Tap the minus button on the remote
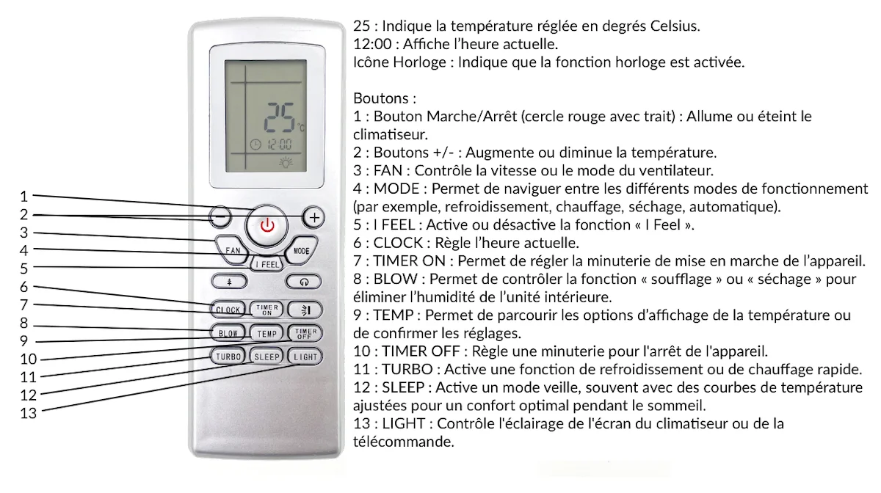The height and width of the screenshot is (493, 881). pyautogui.click(x=220, y=217)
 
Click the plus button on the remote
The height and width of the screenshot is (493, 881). pyautogui.click(x=314, y=217)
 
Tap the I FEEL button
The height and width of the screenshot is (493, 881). pyautogui.click(x=267, y=263)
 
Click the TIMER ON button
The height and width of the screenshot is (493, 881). pyautogui.click(x=267, y=309)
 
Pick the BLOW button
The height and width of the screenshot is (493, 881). pyautogui.click(x=228, y=333)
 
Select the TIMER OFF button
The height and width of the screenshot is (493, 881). pyautogui.click(x=305, y=333)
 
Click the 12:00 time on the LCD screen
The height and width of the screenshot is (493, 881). pyautogui.click(x=279, y=145)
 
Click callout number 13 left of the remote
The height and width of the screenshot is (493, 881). pyautogui.click(x=28, y=413)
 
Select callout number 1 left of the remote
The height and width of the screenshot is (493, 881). pyautogui.click(x=24, y=196)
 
